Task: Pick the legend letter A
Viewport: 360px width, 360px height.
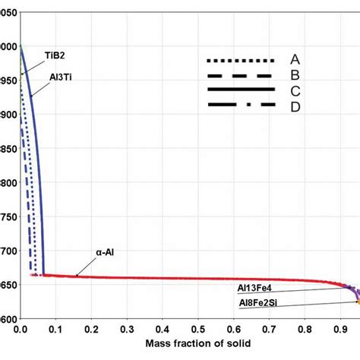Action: (295, 59)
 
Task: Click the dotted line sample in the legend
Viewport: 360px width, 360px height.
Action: (241, 60)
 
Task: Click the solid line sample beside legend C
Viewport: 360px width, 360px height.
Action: (241, 90)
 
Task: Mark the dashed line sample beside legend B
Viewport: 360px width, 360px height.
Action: (241, 75)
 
